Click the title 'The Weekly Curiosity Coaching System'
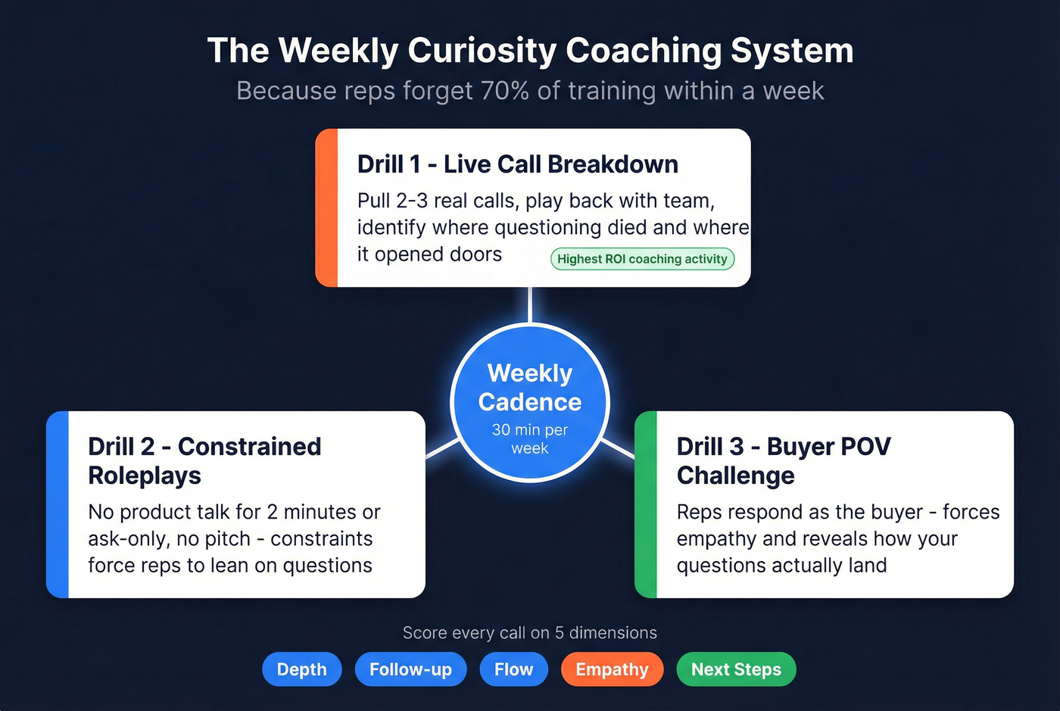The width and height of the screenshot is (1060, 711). pyautogui.click(x=530, y=51)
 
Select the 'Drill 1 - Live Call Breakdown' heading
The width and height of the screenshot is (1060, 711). pyautogui.click(x=517, y=164)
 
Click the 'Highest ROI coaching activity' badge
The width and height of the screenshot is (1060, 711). pyautogui.click(x=642, y=259)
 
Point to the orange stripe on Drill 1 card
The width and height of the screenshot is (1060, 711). pyautogui.click(x=326, y=208)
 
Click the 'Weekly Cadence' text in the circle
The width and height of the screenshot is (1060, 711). pyautogui.click(x=530, y=387)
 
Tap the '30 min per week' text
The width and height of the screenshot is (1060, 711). pyautogui.click(x=530, y=439)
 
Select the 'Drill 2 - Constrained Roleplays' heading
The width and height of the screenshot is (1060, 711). pyautogui.click(x=204, y=460)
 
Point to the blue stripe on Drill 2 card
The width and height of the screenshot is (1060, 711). pyautogui.click(x=58, y=504)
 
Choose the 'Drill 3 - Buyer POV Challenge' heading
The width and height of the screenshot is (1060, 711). pyautogui.click(x=783, y=460)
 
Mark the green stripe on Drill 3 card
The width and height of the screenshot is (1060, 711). pyautogui.click(x=646, y=504)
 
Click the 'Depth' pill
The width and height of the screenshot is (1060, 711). pyautogui.click(x=301, y=669)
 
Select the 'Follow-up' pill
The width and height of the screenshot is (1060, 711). pyautogui.click(x=410, y=669)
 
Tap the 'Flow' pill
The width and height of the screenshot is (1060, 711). pyautogui.click(x=513, y=669)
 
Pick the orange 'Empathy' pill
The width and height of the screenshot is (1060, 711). pyautogui.click(x=612, y=669)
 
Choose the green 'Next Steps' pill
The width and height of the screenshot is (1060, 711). pyautogui.click(x=736, y=669)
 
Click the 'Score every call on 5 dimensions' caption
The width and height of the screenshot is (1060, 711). pyautogui.click(x=530, y=633)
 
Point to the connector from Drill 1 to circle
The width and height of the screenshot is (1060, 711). pyautogui.click(x=530, y=304)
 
